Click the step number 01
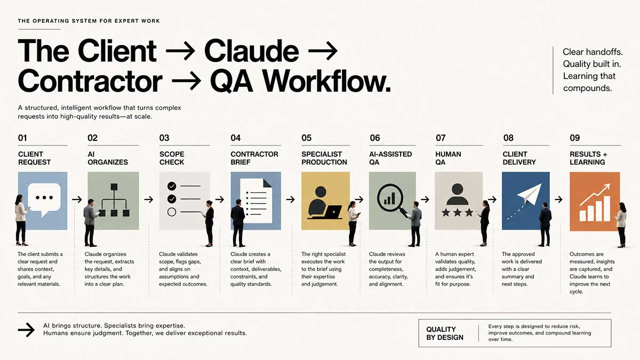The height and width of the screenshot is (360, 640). click(22, 138)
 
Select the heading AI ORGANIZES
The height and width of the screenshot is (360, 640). click(108, 158)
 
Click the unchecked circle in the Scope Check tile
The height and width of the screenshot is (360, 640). click(172, 212)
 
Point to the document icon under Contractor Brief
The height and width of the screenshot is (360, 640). click(256, 201)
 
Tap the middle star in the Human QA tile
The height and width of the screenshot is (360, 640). click(458, 212)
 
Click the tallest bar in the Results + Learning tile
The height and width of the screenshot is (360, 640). click(607, 209)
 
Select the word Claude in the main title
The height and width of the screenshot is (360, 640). click(251, 51)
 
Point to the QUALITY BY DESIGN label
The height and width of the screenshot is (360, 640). click(445, 333)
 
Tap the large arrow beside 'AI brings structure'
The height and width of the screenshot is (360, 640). click(26, 330)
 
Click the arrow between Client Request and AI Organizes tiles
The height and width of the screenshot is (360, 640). click(77, 199)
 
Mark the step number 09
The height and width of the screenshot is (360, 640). click(574, 138)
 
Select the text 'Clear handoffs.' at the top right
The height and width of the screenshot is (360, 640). click(593, 52)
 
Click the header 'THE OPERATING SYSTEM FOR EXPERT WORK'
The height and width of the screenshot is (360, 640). click(89, 21)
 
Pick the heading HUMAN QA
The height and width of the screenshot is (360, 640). click(448, 158)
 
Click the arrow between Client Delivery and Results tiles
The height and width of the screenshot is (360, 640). click(558, 199)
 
